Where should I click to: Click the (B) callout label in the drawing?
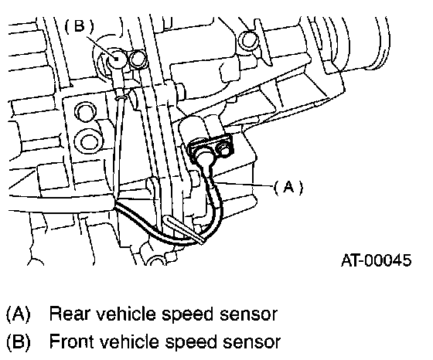(x=79, y=26)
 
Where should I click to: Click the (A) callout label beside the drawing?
(x=288, y=188)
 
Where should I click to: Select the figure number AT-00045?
(x=377, y=260)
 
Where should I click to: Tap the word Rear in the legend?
(x=70, y=314)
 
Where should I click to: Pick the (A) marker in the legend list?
(x=19, y=314)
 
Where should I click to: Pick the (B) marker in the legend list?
(x=19, y=341)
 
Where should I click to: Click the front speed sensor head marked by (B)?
(x=116, y=59)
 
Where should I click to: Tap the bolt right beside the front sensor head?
(x=138, y=59)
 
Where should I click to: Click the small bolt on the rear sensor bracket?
(x=224, y=149)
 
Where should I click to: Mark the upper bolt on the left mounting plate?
(x=86, y=112)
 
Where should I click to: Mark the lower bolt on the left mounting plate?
(x=88, y=141)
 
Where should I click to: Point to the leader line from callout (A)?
(x=244, y=185)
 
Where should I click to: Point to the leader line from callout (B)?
(x=101, y=47)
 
